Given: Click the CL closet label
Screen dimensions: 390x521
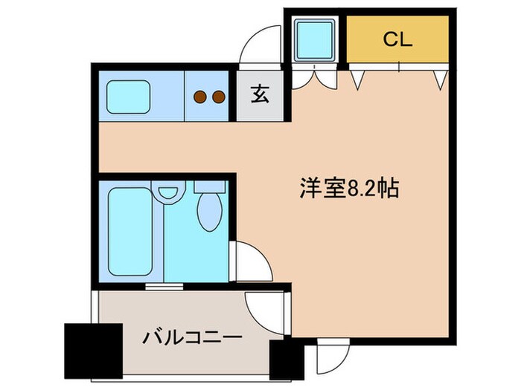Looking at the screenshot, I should click(x=397, y=40).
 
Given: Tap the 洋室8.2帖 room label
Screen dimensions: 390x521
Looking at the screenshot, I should click(x=350, y=189).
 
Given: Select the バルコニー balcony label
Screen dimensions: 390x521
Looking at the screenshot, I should click(x=192, y=339).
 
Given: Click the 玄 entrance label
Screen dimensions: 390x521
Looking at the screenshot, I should click(x=259, y=95).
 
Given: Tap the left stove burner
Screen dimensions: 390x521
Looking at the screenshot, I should click(x=199, y=96).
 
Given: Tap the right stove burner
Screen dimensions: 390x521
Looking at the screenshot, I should click(x=218, y=96).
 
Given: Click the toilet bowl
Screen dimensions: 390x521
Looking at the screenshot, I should click(x=209, y=212).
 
